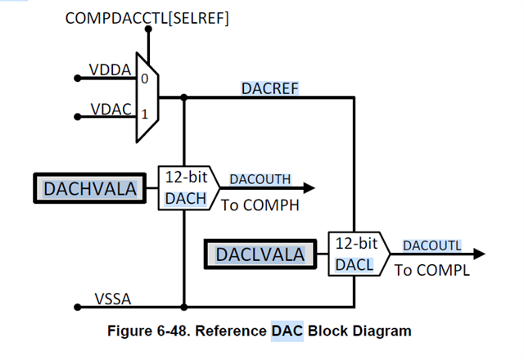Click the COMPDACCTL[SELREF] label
click(x=147, y=18)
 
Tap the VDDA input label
click(x=110, y=70)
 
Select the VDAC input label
click(x=111, y=108)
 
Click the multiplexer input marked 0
click(x=144, y=79)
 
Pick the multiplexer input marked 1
click(x=144, y=115)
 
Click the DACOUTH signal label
click(x=260, y=179)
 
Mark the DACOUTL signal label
click(x=431, y=245)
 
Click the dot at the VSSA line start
click(x=78, y=308)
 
